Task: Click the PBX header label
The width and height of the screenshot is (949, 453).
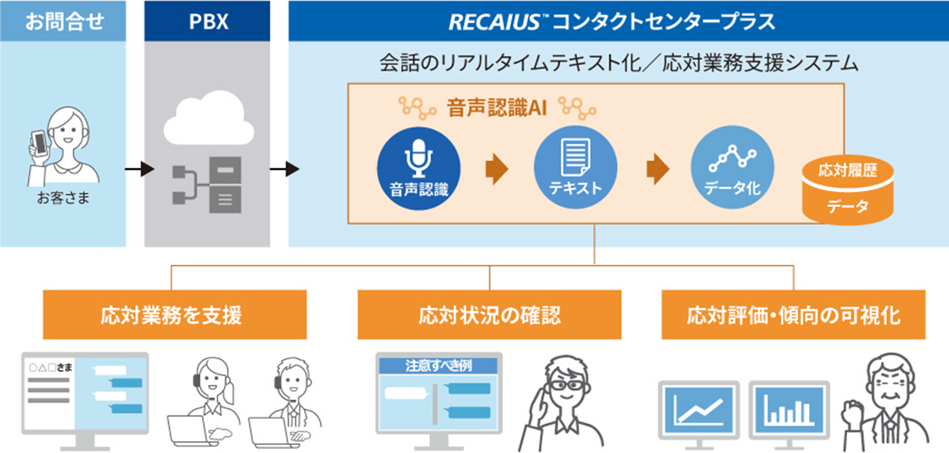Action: point(208,22)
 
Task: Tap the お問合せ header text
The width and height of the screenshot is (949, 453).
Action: point(64,22)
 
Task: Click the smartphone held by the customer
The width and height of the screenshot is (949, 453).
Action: point(40,143)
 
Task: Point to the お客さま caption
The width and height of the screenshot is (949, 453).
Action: point(63,198)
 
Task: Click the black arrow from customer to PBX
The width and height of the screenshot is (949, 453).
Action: point(139,169)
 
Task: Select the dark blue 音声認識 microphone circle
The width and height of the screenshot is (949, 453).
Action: point(418,168)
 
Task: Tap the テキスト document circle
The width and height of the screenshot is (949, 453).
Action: point(575,168)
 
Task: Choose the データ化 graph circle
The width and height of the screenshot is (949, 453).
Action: point(732,168)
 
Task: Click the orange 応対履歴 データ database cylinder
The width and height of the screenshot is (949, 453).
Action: point(847,190)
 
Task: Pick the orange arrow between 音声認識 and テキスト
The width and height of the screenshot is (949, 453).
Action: point(497,169)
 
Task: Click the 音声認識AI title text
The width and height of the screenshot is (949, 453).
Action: point(497,108)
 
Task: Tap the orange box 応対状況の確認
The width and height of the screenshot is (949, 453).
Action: point(489,315)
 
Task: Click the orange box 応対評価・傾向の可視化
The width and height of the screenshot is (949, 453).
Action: point(793,315)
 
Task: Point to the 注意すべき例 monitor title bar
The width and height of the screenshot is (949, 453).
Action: point(438,365)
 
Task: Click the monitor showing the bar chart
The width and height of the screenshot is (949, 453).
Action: point(789,410)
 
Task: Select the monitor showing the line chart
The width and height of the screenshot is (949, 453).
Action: point(699,410)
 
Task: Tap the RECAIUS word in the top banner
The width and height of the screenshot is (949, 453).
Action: point(494,22)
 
